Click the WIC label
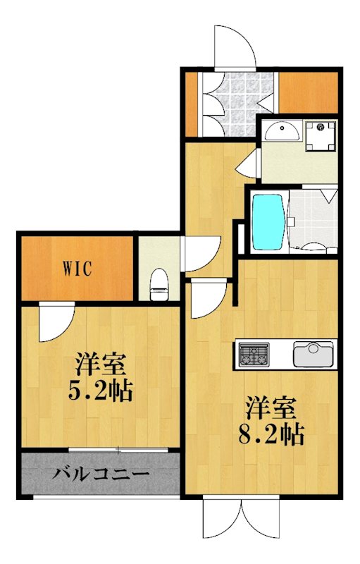[x=77, y=268]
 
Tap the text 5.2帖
[x=101, y=391]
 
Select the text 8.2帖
[x=270, y=432]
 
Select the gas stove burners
[x=253, y=353]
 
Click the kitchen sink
[x=314, y=352]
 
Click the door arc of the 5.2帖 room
[x=55, y=321]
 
